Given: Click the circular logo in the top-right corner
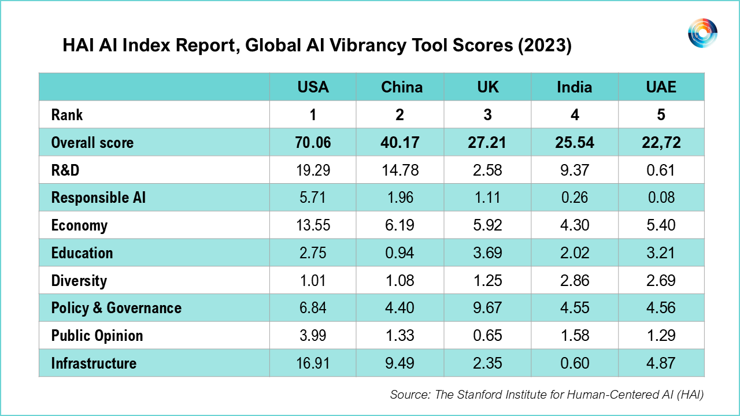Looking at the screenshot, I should coord(702,33).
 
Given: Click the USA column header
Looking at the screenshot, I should coord(313,87).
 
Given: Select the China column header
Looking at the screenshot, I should coord(401,87).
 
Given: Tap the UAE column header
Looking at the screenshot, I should coord(661,87).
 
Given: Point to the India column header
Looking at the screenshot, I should coord(574,87).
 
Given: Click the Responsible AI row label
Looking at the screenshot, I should coord(98,198).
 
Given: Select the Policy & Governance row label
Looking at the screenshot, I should coord(116,308).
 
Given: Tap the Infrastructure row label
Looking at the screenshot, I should coord(94,363).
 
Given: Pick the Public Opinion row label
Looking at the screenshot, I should coord(97,336).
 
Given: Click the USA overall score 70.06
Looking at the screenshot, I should coord(313,142).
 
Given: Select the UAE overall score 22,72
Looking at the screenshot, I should coord(661,142).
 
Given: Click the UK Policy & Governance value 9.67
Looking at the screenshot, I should coord(487,308).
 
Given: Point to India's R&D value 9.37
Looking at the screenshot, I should coord(574,170).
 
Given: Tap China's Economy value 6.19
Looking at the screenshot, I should coord(401,225).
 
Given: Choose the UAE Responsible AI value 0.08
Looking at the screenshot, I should coord(661,198).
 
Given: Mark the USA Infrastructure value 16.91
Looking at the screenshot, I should coord(313,363).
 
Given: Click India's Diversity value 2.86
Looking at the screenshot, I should coord(574,281).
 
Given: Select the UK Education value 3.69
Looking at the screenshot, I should coord(487,253).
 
